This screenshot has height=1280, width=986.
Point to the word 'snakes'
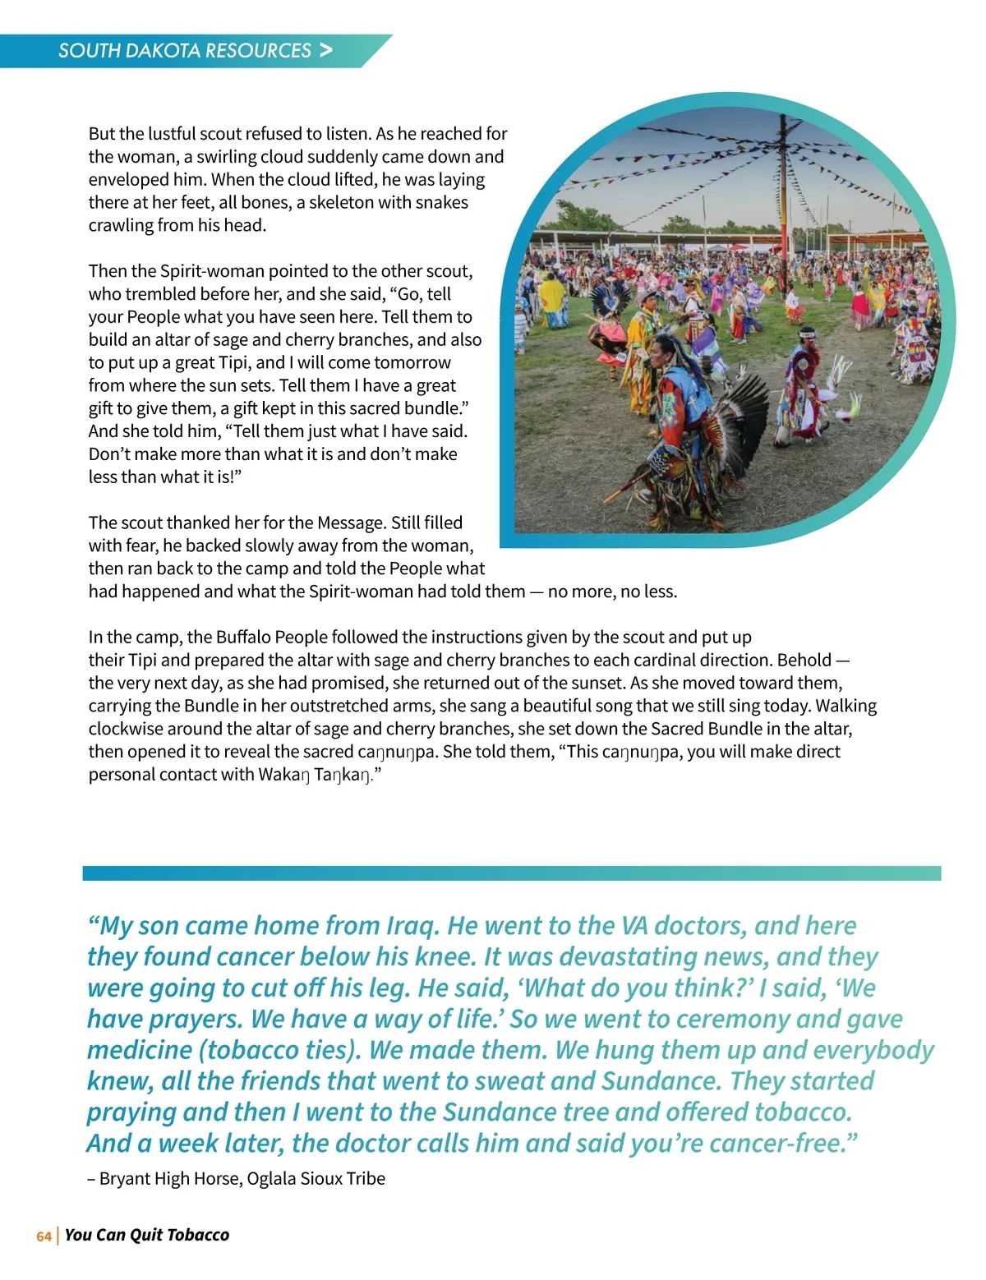441,203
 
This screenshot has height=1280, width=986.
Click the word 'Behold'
804,661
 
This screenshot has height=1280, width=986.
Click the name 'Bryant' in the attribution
125,1179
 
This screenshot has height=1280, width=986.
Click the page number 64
44,1236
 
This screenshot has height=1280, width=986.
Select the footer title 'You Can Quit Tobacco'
147,1236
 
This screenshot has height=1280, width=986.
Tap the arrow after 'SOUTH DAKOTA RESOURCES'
326,50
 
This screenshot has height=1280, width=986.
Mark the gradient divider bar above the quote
511,873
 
